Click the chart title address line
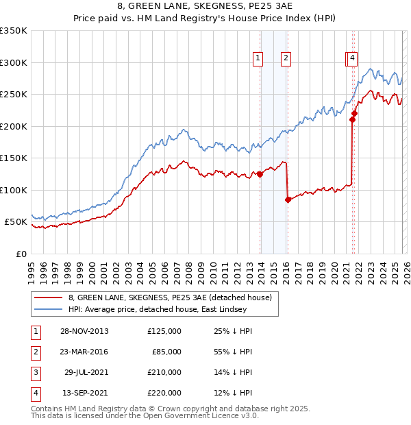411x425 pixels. [x=206, y=6]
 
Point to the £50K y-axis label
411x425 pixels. [x=16, y=222]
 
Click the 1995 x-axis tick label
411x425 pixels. [x=32, y=267]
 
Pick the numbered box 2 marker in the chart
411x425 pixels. [x=286, y=59]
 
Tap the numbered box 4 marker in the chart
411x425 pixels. [x=352, y=59]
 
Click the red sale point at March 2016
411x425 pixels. [x=288, y=199]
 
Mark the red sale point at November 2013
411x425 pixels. [x=260, y=174]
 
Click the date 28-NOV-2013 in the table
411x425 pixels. [x=84, y=331]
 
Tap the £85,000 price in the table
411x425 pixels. [x=166, y=352]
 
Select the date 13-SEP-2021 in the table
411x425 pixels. [x=84, y=393]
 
